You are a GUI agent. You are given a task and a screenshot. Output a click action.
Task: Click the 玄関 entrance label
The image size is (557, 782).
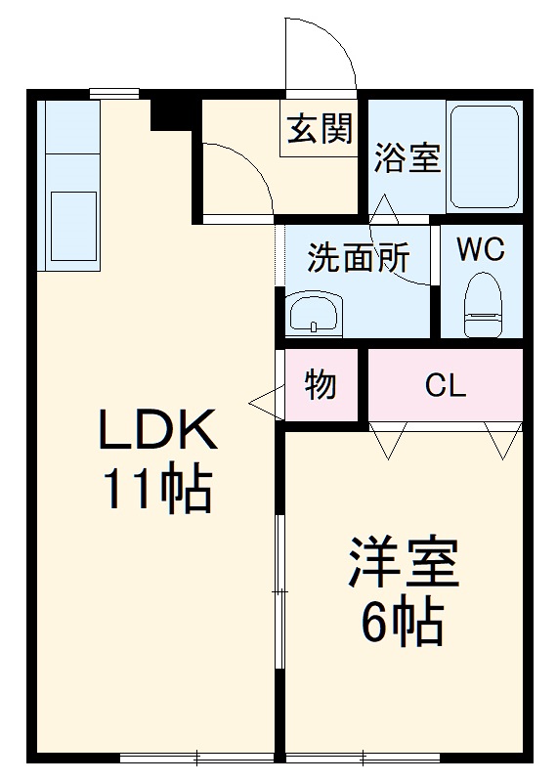319,129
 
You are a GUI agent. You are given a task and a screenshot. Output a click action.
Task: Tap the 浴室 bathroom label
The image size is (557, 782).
407,158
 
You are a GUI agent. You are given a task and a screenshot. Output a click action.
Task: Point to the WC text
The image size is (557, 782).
481,250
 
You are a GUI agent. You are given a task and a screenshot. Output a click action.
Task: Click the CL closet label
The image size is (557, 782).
445,385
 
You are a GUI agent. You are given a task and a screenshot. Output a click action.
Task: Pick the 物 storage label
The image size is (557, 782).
320,385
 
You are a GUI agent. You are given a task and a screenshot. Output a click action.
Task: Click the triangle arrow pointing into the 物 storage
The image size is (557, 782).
264,400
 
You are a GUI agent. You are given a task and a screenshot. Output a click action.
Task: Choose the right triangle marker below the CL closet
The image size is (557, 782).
503,442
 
